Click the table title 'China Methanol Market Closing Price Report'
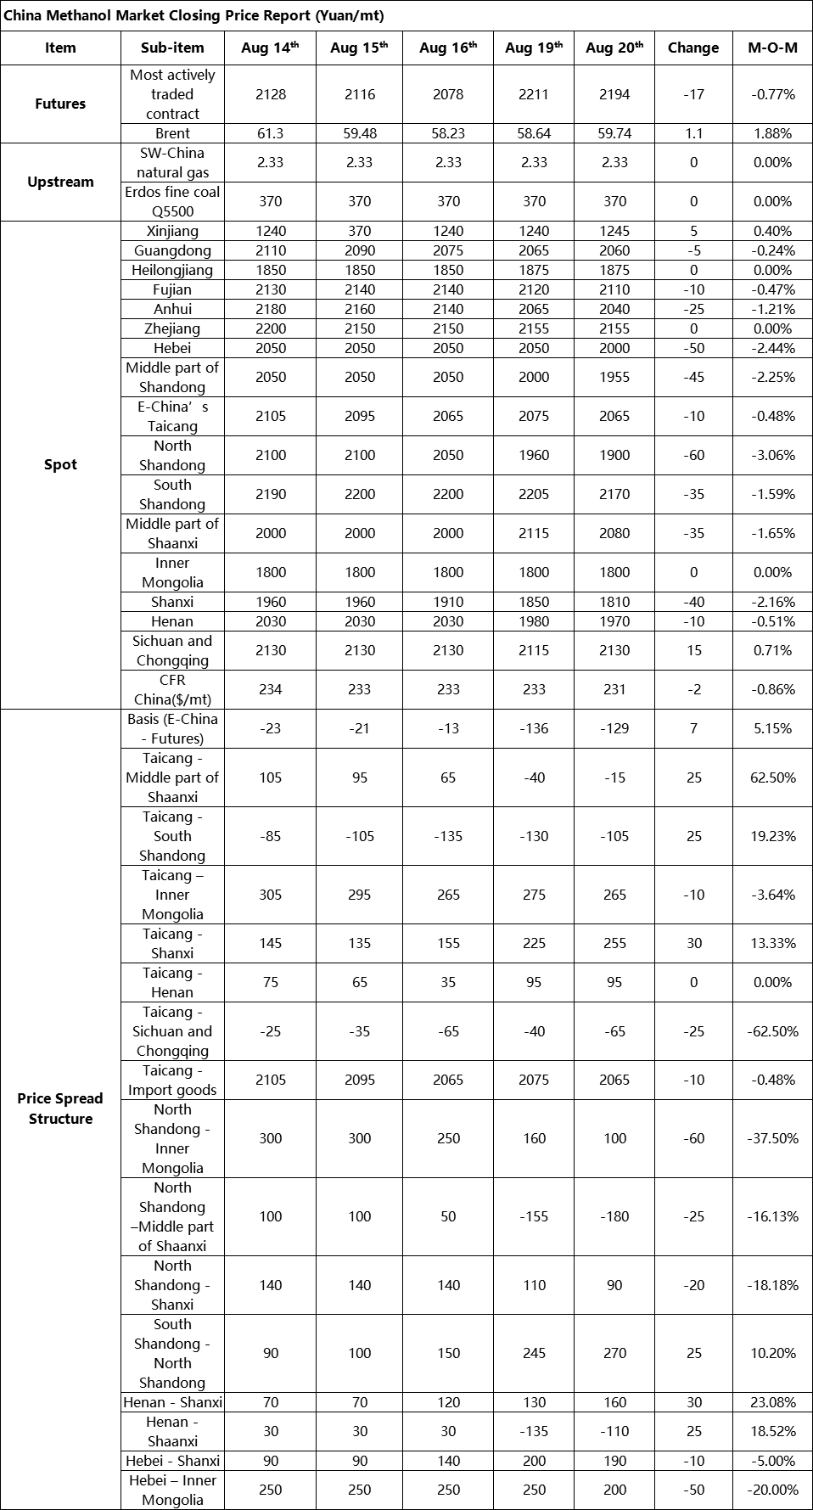[194, 15]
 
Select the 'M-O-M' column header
[772, 48]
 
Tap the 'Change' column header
[693, 48]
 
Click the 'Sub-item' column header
[172, 48]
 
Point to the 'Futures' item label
[60, 104]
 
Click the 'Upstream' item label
[60, 182]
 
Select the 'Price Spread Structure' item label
[60, 1109]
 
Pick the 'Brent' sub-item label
[172, 133]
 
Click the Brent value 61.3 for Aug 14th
[270, 133]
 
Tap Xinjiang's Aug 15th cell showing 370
[359, 231]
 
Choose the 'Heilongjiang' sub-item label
[172, 270]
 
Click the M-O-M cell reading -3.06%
[772, 455]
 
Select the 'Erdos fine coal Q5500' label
[172, 201]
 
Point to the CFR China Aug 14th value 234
[270, 689]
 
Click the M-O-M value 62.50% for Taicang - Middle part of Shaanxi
[772, 777]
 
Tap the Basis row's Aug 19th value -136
[534, 728]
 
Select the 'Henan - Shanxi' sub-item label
[172, 1402]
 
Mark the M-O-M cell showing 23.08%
[772, 1402]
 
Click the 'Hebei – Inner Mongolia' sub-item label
[172, 1490]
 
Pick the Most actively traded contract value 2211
[534, 94]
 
